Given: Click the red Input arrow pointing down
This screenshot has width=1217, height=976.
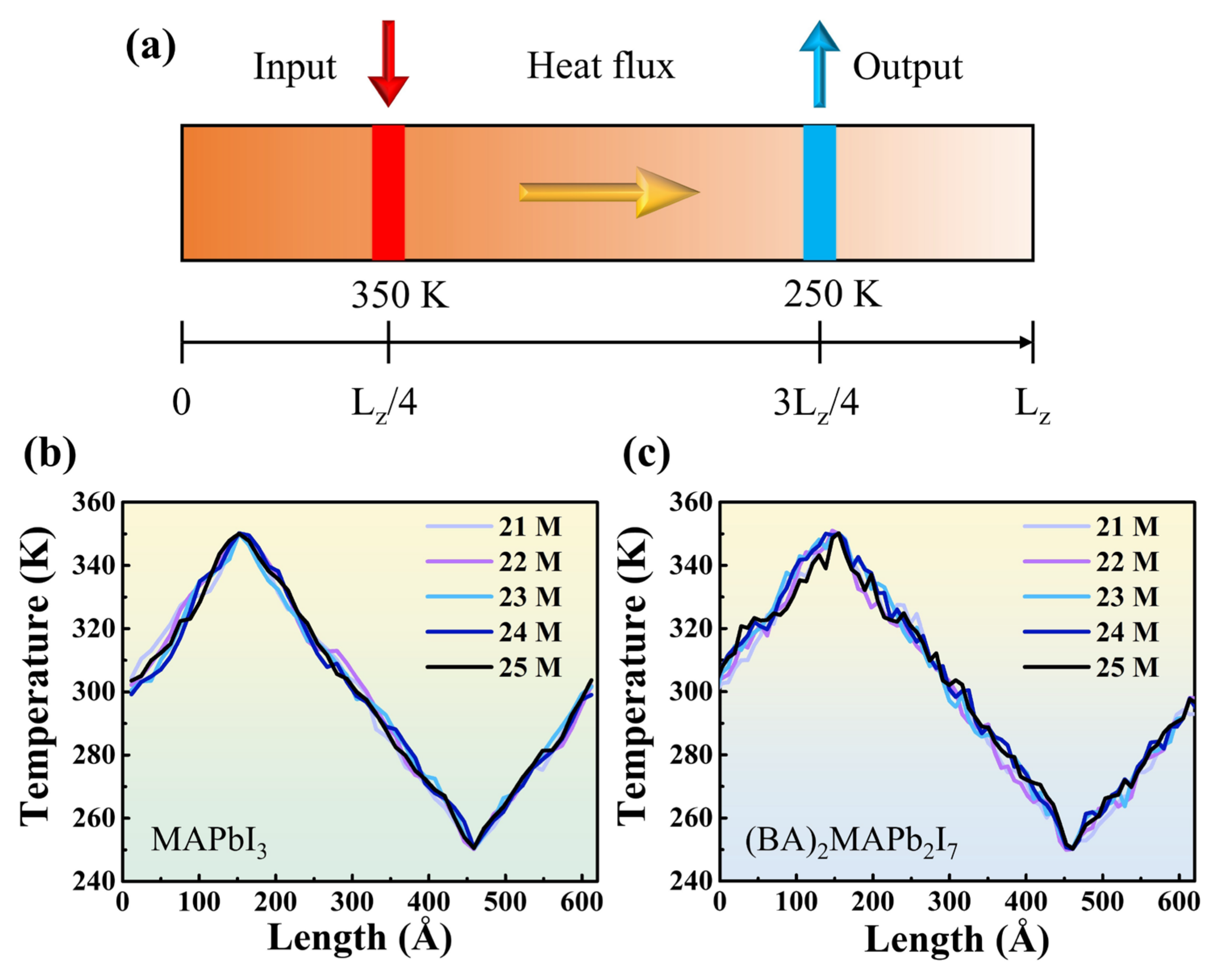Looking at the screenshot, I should (388, 63).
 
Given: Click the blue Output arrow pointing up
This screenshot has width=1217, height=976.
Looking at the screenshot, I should (819, 63).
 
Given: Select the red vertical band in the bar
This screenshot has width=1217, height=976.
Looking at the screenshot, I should (388, 192).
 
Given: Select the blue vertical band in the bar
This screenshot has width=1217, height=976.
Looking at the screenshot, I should (819, 192).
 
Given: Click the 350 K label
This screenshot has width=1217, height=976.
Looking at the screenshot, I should (399, 294).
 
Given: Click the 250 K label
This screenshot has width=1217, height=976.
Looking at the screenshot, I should (832, 294).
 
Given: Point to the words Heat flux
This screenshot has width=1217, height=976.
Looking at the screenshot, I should (600, 66).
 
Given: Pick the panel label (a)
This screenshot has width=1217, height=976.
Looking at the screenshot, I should (150, 48).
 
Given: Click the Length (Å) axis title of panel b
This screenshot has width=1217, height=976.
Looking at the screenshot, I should (360, 938).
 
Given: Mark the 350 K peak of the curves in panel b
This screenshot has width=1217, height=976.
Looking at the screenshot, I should (239, 533).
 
